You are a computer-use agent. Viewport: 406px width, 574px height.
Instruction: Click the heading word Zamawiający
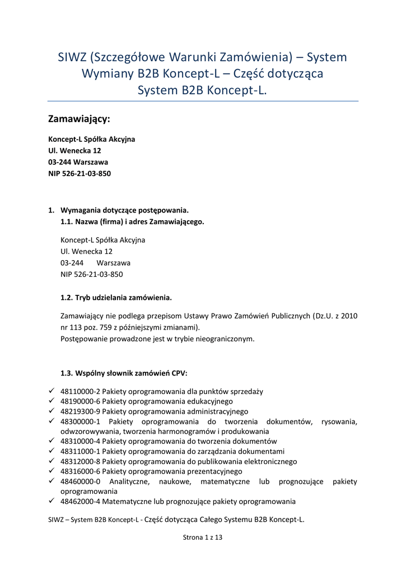[79, 119]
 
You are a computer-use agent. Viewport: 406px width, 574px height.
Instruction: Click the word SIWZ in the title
[73, 57]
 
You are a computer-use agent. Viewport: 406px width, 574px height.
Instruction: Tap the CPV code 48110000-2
[81, 391]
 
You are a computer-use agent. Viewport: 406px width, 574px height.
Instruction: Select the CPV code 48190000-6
[81, 401]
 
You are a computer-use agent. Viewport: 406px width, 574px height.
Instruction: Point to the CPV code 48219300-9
[81, 411]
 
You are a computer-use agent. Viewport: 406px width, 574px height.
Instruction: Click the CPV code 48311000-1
[81, 452]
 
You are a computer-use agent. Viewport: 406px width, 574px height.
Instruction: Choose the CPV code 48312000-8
[81, 462]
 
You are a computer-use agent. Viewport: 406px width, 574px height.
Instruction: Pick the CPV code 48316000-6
[81, 472]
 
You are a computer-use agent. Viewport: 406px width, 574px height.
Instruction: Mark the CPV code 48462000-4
[81, 502]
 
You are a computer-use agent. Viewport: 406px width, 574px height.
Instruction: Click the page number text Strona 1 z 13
[203, 538]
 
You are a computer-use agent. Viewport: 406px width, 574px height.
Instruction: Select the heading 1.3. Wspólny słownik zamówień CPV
[124, 373]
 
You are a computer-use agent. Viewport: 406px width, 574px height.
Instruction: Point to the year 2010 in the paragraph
[349, 316]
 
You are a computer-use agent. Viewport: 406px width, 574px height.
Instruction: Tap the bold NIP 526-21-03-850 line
[80, 174]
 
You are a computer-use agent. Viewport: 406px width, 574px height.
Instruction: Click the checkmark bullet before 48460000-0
[52, 482]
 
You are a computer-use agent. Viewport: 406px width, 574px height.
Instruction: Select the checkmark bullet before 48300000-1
[52, 422]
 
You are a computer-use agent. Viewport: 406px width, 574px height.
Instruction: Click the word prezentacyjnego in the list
[216, 472]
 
